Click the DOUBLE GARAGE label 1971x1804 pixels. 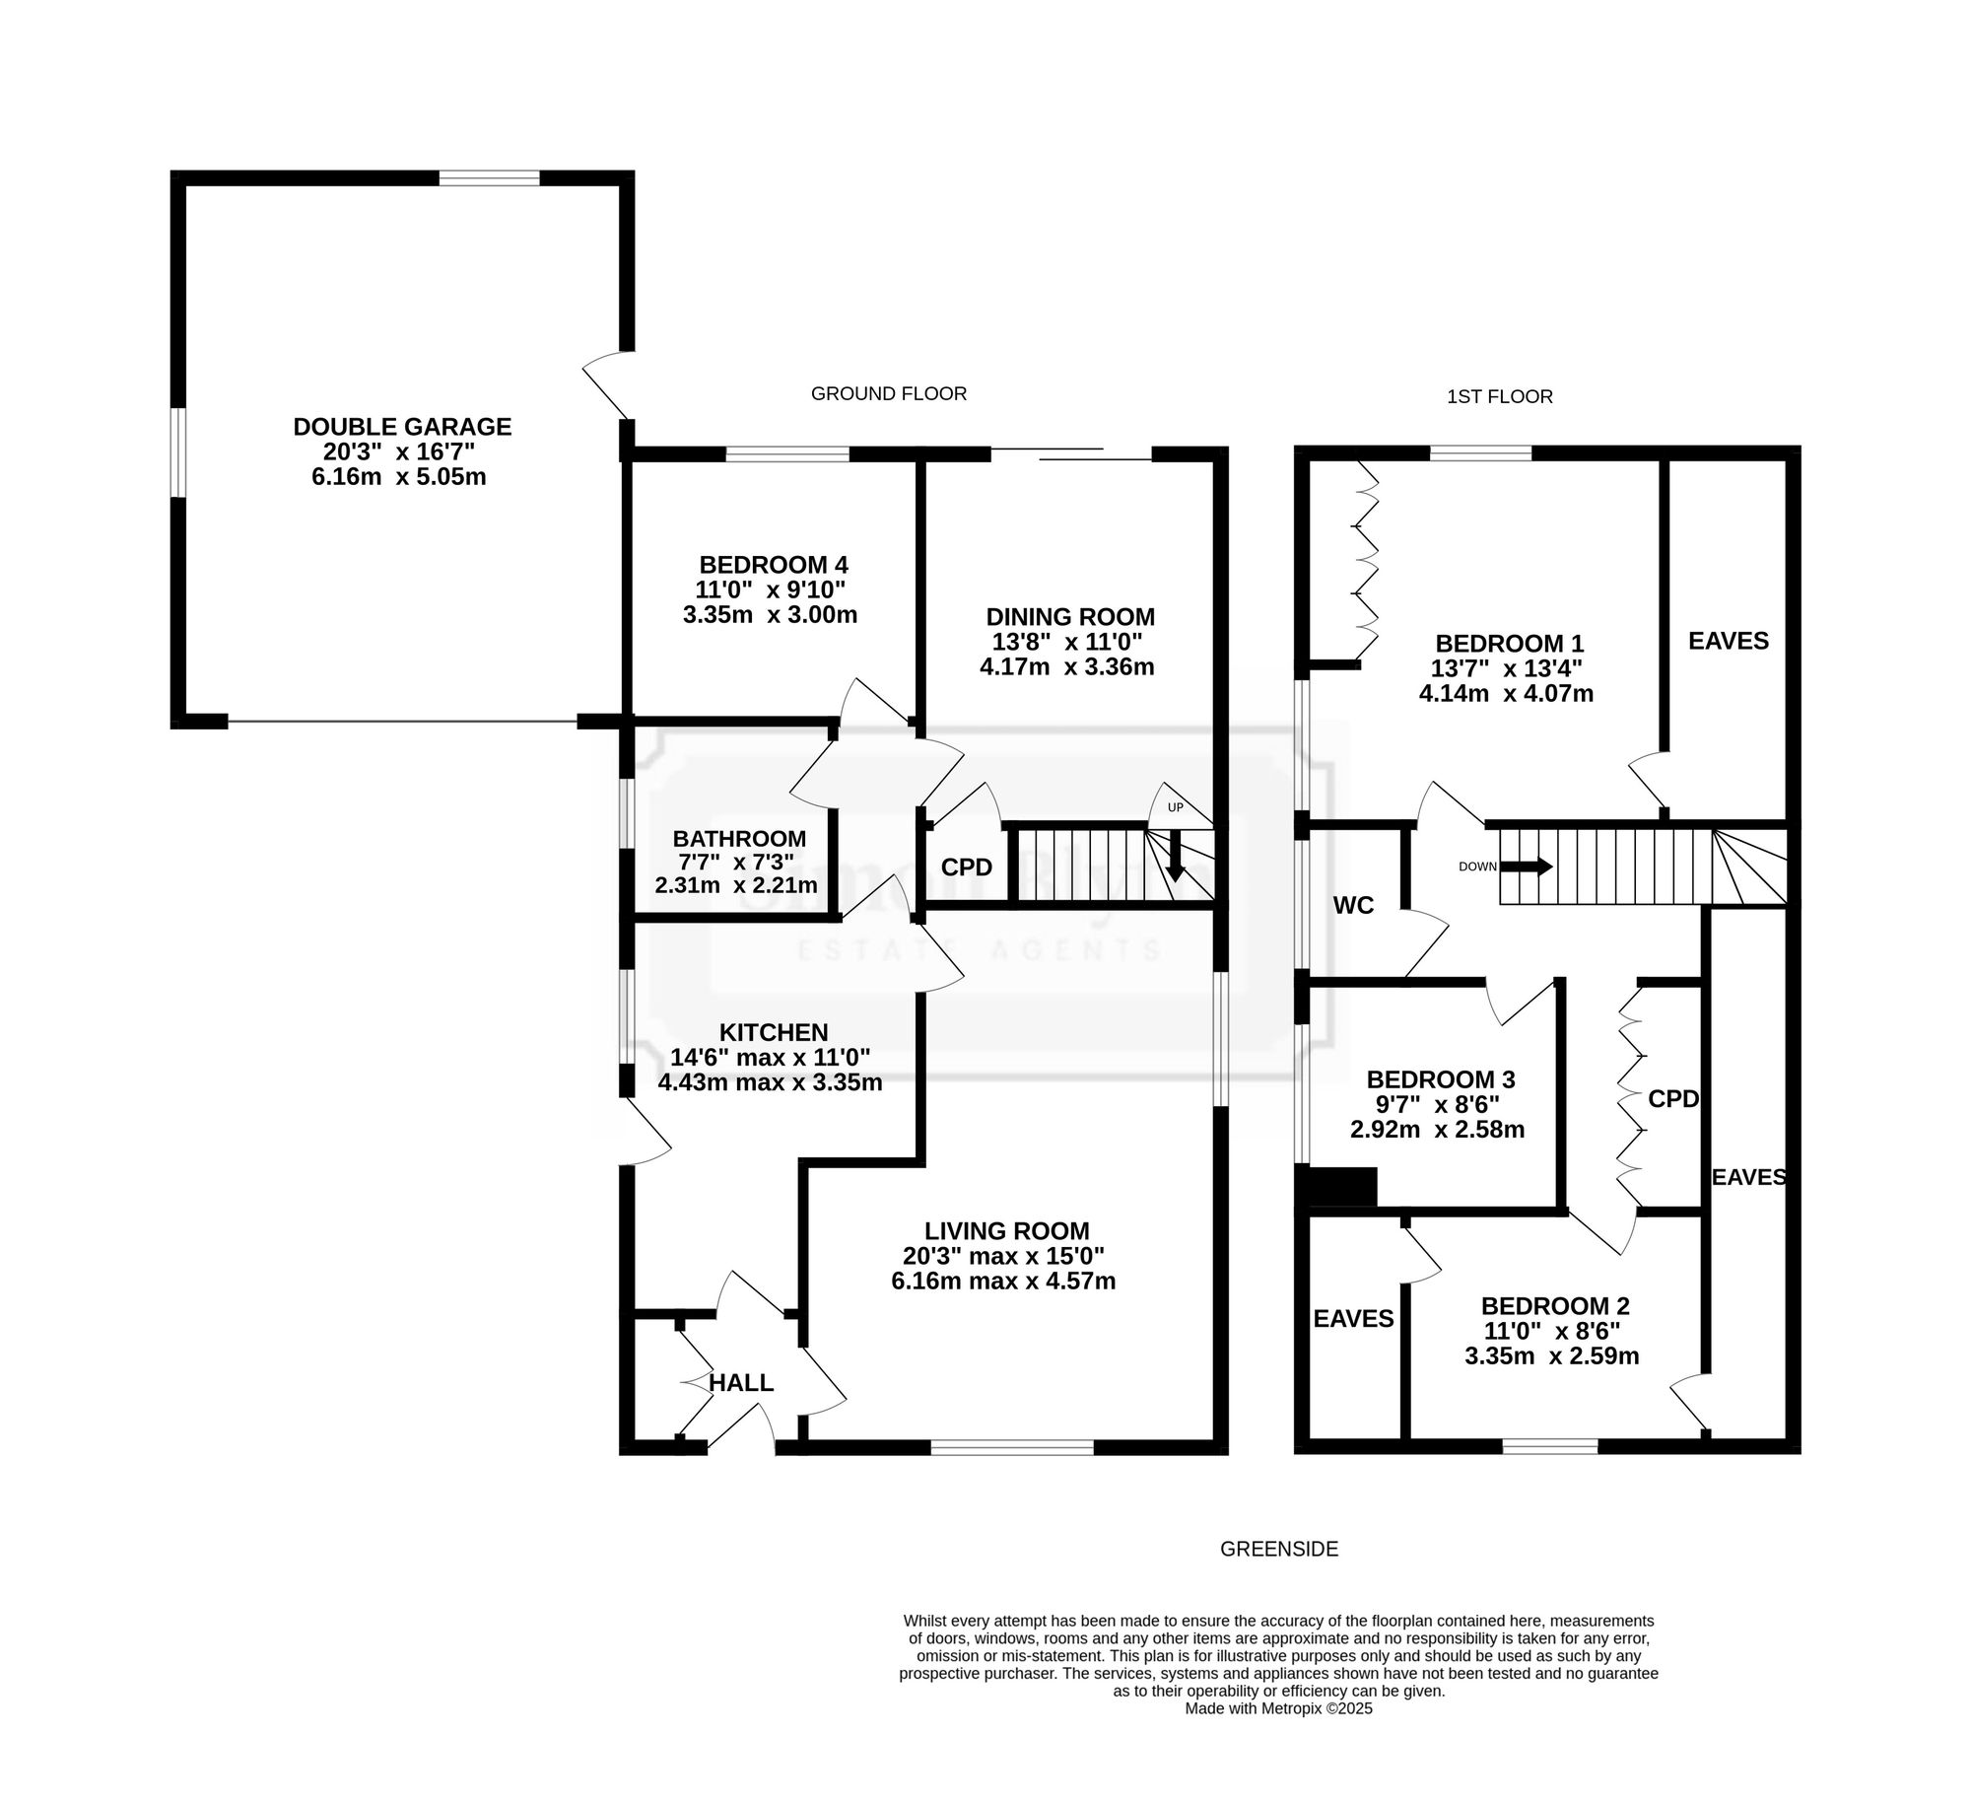[402, 427]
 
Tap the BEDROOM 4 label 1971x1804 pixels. [774, 565]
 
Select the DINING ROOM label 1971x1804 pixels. [1070, 617]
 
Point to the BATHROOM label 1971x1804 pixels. [739, 839]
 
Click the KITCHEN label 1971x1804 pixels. [774, 1032]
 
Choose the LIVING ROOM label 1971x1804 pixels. [1007, 1231]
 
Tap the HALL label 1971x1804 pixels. [741, 1383]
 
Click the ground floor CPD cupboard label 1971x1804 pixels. [966, 867]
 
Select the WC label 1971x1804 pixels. [1353, 905]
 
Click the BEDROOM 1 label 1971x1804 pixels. [1509, 644]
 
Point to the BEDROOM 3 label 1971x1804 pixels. [1441, 1079]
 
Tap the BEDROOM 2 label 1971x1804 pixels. [1555, 1306]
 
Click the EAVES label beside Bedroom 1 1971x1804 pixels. [1729, 641]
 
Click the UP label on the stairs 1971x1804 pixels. [1175, 808]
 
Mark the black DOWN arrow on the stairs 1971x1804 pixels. [1527, 867]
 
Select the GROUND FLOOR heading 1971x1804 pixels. [889, 393]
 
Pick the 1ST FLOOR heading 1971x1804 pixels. [1500, 396]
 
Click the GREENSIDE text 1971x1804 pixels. [1279, 1549]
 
